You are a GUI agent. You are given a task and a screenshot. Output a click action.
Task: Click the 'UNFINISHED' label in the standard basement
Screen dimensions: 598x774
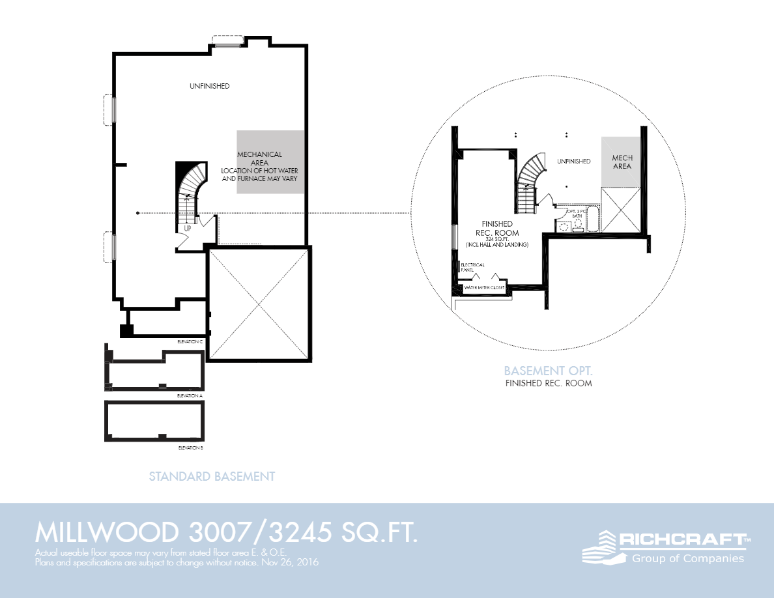(209, 86)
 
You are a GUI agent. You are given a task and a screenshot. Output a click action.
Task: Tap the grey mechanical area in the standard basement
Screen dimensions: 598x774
(270, 162)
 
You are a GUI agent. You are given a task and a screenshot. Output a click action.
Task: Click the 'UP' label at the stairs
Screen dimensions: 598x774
(188, 229)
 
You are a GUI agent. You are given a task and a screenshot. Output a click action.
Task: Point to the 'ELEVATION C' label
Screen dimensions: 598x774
(190, 341)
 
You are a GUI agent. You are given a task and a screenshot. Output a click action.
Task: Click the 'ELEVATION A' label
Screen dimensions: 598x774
(190, 395)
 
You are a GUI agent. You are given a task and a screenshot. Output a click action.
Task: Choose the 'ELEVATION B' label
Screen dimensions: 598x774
(190, 448)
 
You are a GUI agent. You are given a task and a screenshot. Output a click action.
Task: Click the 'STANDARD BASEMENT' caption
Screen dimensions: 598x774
(212, 476)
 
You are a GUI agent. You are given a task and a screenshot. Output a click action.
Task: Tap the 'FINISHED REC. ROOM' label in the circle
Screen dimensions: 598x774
(498, 228)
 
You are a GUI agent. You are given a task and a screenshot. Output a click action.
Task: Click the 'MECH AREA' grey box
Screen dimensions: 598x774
(622, 162)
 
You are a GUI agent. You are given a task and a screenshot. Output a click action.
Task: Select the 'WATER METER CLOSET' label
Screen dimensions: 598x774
(484, 287)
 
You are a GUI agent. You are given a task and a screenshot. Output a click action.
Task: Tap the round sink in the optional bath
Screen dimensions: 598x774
(564, 226)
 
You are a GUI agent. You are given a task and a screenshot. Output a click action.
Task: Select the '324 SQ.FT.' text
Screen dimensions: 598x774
(498, 239)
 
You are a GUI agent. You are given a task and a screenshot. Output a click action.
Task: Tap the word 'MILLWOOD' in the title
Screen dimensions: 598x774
(106, 533)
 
